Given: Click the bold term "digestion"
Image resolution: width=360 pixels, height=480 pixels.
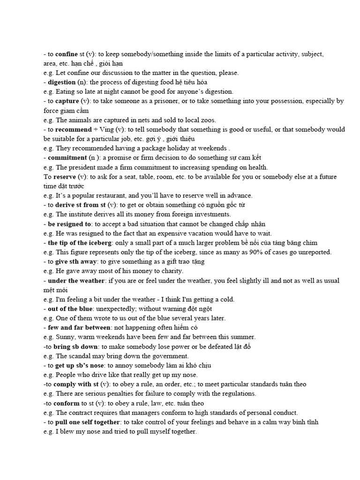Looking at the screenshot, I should click(63, 82).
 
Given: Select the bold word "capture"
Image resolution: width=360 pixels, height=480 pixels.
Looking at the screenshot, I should click(67, 101).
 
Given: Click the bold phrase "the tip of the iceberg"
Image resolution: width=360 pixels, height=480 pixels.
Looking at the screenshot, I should click(78, 243).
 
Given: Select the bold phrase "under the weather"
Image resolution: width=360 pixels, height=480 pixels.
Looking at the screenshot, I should click(76, 281).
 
